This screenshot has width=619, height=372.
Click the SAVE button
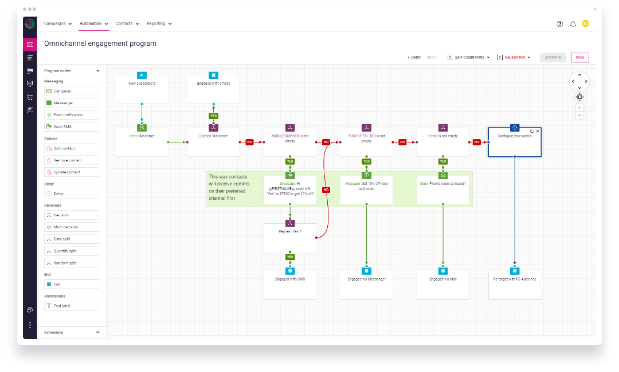pos(579,57)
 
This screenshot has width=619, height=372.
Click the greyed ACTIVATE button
pos(553,57)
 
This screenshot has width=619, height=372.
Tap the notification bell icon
pos(573,24)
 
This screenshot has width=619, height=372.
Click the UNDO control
pos(414,57)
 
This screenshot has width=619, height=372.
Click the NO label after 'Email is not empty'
pos(476,142)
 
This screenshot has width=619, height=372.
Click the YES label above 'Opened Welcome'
pos(213,116)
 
